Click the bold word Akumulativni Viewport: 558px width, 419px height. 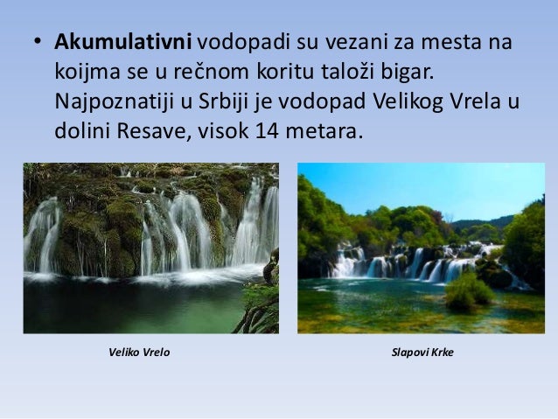126,43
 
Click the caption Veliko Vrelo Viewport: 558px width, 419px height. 139,353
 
